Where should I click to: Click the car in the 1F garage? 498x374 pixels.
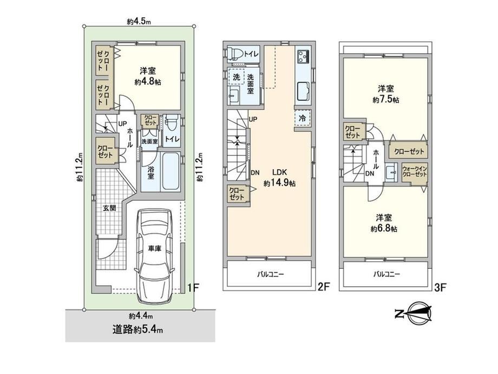pos(154,256)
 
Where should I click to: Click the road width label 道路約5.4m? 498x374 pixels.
pos(137,330)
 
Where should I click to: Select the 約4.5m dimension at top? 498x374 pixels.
pos(139,22)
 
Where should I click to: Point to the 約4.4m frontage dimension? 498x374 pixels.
pos(141,316)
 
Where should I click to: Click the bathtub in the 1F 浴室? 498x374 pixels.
pos(171,171)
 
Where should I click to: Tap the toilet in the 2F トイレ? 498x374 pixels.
pos(234,53)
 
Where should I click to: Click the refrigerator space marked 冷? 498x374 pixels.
pos(303,118)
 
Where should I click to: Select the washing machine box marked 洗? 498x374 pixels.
pos(237,76)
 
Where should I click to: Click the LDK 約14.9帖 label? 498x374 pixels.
pos(279,178)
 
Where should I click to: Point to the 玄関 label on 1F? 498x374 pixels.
pos(109,208)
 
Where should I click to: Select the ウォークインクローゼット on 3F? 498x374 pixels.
pos(414,172)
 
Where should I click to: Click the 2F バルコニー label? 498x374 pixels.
pos(270,274)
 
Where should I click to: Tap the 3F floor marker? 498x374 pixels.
pos(440,288)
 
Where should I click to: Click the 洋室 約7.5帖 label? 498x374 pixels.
pos(385,94)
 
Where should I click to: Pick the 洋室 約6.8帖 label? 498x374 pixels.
pos(384,223)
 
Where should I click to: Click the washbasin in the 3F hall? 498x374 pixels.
pos(391,173)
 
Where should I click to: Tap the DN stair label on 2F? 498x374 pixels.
pos(255,173)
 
